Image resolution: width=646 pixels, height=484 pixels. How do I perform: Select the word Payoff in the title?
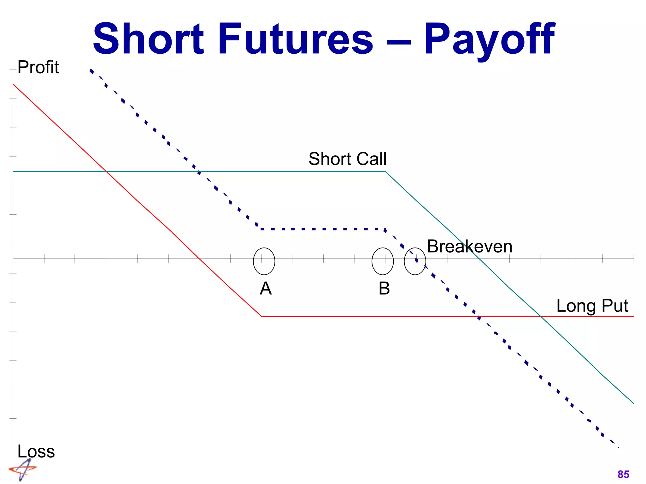489,39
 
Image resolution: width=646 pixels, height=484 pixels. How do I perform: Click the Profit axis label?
38,67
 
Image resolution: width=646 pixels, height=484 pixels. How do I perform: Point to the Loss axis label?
36,451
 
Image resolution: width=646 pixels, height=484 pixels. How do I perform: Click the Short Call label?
347,158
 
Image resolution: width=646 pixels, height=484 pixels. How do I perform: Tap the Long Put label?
592,306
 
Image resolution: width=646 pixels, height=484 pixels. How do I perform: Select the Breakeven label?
469,246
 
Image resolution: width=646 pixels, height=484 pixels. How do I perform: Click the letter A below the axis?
266,288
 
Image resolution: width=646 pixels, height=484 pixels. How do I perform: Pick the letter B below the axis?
384,288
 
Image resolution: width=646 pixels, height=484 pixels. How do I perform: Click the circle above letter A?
264,261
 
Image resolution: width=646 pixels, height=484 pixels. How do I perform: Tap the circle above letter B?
383,261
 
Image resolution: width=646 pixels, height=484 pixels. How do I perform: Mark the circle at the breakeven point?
415,261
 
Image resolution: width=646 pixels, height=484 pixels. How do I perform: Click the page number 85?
623,474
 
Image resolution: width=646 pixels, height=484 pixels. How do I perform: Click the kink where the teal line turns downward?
385,171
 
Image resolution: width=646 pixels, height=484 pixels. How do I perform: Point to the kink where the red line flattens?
261,316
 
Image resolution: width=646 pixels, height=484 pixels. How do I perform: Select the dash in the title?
398,41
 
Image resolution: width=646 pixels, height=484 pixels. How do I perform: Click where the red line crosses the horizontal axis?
199,259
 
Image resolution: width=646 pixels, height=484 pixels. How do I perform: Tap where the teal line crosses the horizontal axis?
479,259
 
